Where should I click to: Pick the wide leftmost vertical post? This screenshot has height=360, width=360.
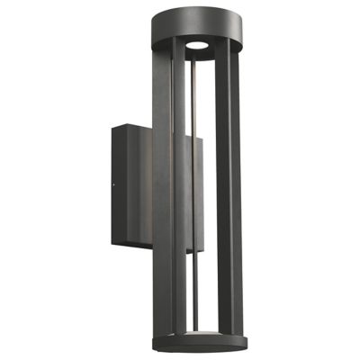(x=162, y=180)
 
